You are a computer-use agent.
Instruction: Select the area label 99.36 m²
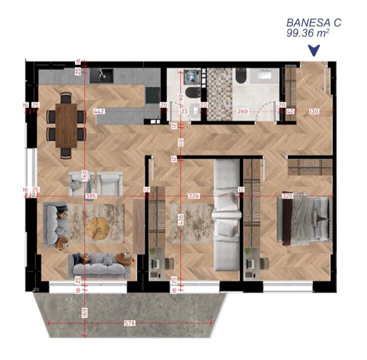coord(307,33)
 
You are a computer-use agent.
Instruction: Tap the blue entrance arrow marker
coord(313,49)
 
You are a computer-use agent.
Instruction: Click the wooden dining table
coord(66,125)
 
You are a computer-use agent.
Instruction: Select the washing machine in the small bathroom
coord(191,76)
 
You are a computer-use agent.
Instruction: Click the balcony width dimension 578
coord(129,323)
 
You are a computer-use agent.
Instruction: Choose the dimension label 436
coord(180,218)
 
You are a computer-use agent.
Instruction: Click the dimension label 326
coord(194,196)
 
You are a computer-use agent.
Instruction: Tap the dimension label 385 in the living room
coord(90,196)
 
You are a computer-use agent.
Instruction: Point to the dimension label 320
coord(287,196)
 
